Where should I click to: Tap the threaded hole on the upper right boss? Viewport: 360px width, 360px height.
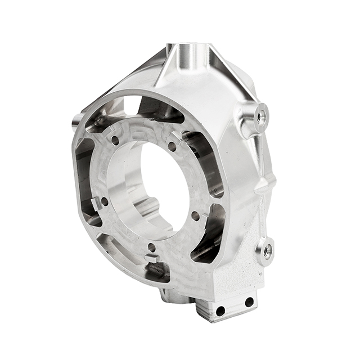click(x=261, y=117)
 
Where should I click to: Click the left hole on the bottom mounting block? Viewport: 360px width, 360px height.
click(x=221, y=310)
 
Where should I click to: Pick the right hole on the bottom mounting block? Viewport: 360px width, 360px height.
click(x=249, y=303)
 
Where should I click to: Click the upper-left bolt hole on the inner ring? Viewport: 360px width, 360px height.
click(x=115, y=141)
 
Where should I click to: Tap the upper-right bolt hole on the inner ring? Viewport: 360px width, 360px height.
click(x=172, y=146)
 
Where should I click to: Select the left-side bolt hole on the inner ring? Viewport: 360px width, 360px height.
click(x=104, y=200)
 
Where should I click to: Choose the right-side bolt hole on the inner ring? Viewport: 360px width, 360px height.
click(x=195, y=215)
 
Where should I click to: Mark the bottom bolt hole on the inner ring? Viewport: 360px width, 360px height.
click(x=151, y=247)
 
